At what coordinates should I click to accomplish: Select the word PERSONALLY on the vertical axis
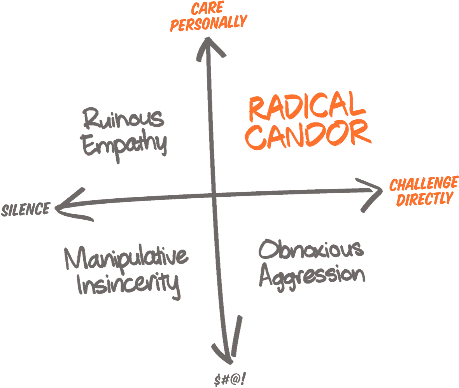coord(208,23)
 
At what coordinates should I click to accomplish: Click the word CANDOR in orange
coord(308,134)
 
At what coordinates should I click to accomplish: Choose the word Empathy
coord(124,146)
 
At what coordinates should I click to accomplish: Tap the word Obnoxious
coord(311,249)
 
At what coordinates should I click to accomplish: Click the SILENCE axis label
coord(26,210)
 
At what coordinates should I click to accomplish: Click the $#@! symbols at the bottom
coord(230,379)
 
